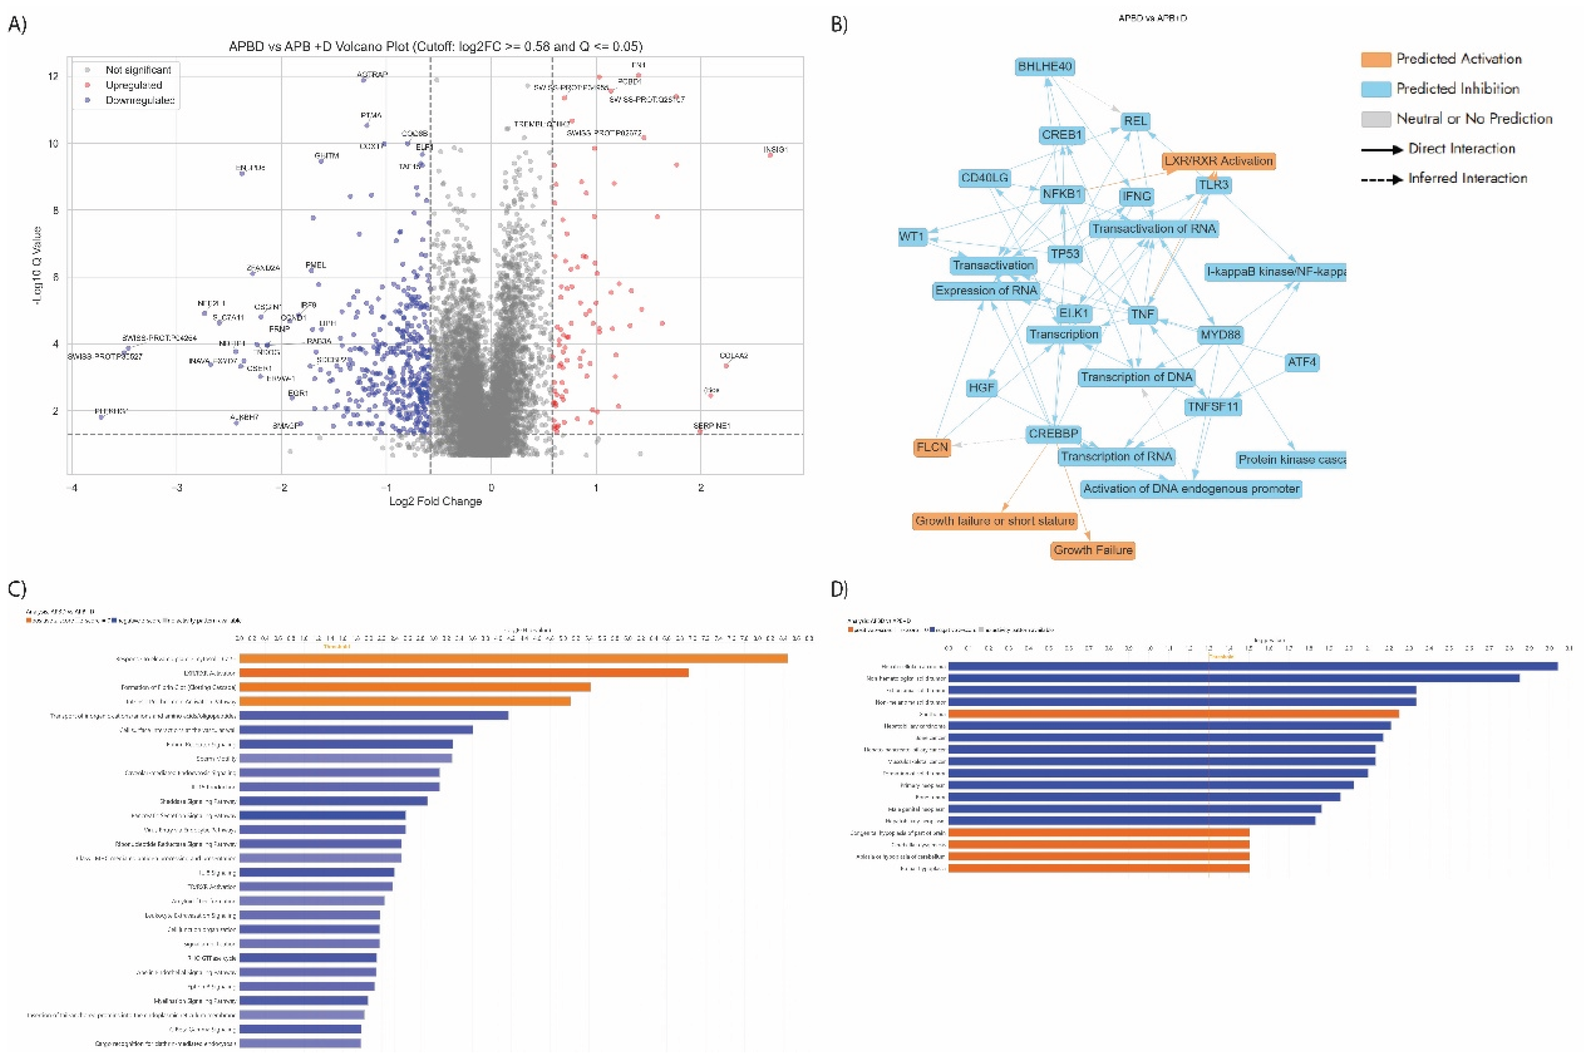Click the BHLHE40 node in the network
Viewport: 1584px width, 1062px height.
point(1046,66)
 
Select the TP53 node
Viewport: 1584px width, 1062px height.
point(1065,254)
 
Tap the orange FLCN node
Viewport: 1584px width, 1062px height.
point(932,447)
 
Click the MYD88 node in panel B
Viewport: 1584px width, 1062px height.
point(1220,335)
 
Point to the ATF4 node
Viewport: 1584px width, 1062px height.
point(1301,362)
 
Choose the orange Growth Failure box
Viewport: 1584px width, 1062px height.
point(1092,550)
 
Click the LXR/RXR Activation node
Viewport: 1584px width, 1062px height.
point(1218,161)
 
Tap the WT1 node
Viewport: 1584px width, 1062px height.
point(912,236)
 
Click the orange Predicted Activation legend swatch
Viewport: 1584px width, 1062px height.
point(1375,59)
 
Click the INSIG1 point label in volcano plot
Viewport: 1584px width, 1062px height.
point(775,149)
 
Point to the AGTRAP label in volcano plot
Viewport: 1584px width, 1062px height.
point(372,74)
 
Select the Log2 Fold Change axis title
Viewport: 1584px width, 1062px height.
point(436,501)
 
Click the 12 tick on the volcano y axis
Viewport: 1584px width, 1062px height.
point(53,76)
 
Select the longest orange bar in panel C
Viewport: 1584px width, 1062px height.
point(513,658)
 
